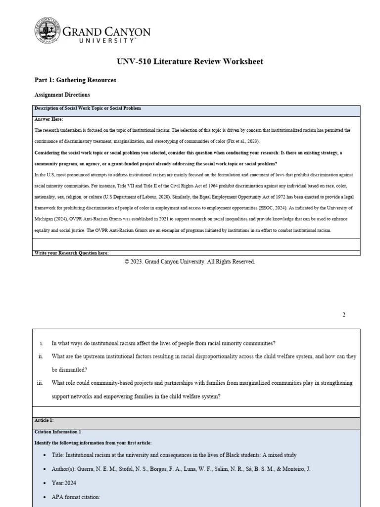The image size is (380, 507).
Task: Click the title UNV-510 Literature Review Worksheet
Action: (190, 61)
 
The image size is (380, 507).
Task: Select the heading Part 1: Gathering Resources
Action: (75, 80)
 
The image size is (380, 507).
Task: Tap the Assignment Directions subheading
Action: (62, 95)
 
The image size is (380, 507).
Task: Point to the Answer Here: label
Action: (49, 119)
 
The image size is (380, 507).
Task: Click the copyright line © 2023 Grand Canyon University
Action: (190, 262)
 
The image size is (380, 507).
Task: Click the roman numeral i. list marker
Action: (42, 343)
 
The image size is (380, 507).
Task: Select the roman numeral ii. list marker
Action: (41, 356)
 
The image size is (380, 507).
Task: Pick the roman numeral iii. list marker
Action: (41, 383)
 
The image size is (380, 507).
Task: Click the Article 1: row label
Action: (45, 420)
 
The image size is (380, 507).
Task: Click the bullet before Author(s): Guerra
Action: (41, 468)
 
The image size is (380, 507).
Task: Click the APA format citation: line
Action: (76, 496)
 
